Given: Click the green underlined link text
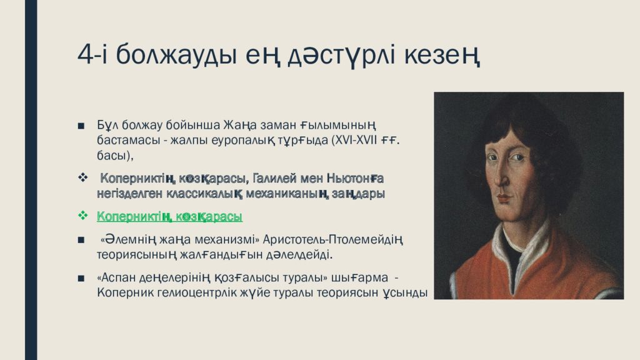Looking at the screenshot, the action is tap(169, 216).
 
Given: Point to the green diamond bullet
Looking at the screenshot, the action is tap(83, 215).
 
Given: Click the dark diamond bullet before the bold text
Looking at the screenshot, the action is tap(83, 177).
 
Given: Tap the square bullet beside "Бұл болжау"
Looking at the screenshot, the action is tap(81, 126).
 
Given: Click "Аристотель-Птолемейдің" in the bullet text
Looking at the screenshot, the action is tap(332, 239).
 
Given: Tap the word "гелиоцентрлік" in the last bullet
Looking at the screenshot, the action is tap(198, 292).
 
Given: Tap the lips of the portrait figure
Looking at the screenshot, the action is tap(504, 198).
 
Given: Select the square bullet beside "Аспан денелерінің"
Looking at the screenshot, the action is tap(81, 279).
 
